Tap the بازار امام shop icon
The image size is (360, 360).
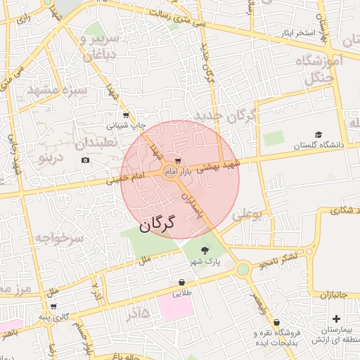coord(178,161)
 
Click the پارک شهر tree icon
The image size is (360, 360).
coord(205,250)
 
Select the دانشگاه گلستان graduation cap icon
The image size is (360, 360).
coord(319,134)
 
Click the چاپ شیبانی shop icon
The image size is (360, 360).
coord(126,115)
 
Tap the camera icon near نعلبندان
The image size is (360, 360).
coord(86,160)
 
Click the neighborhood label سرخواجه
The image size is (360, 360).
coord(59,238)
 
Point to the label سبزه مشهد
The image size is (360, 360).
coord(58,91)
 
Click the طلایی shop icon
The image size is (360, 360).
coord(181,283)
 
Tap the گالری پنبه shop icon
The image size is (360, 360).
coord(53,307)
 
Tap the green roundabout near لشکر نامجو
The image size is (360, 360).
coord(243,269)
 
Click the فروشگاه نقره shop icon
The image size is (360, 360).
coord(276,321)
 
